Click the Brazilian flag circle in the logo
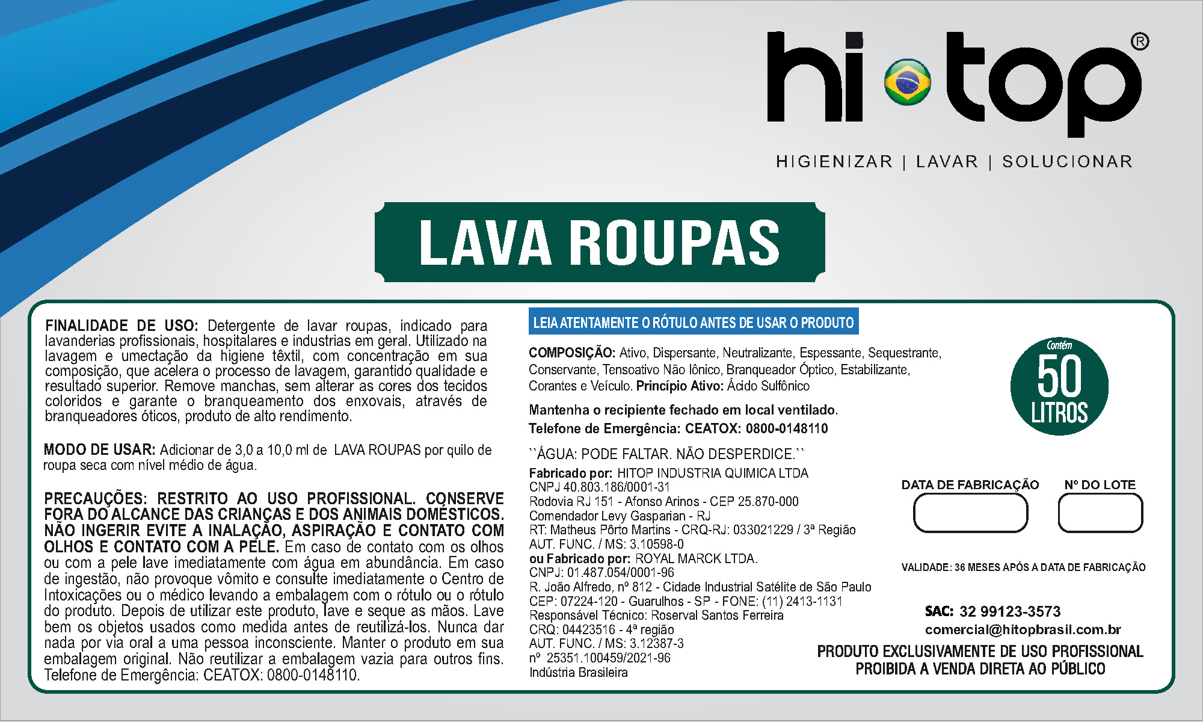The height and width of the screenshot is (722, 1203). tap(907, 81)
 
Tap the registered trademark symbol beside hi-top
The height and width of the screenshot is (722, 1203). tap(1139, 42)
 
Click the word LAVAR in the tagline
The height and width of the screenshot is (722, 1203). tap(947, 162)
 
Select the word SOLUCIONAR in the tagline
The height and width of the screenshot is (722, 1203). tap(1067, 162)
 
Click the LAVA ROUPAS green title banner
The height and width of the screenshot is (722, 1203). tap(600, 242)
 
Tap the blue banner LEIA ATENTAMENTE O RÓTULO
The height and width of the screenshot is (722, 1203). tap(693, 322)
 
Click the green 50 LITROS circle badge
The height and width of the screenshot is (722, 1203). tap(1059, 386)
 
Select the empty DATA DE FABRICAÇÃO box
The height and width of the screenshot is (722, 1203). tap(970, 513)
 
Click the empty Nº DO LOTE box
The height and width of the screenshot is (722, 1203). tap(1100, 513)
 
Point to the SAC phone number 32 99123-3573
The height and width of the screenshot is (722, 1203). tap(1009, 612)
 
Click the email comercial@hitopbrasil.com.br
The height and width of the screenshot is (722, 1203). tap(1023, 630)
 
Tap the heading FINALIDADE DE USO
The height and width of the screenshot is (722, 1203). tap(121, 326)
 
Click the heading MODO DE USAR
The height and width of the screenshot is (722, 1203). tap(99, 450)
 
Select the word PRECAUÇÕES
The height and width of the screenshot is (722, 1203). tap(95, 499)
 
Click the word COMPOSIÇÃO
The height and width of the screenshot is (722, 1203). tap(571, 353)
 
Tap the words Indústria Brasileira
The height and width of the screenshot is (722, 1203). tap(578, 673)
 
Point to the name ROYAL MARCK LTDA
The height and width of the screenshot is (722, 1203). tap(696, 559)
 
